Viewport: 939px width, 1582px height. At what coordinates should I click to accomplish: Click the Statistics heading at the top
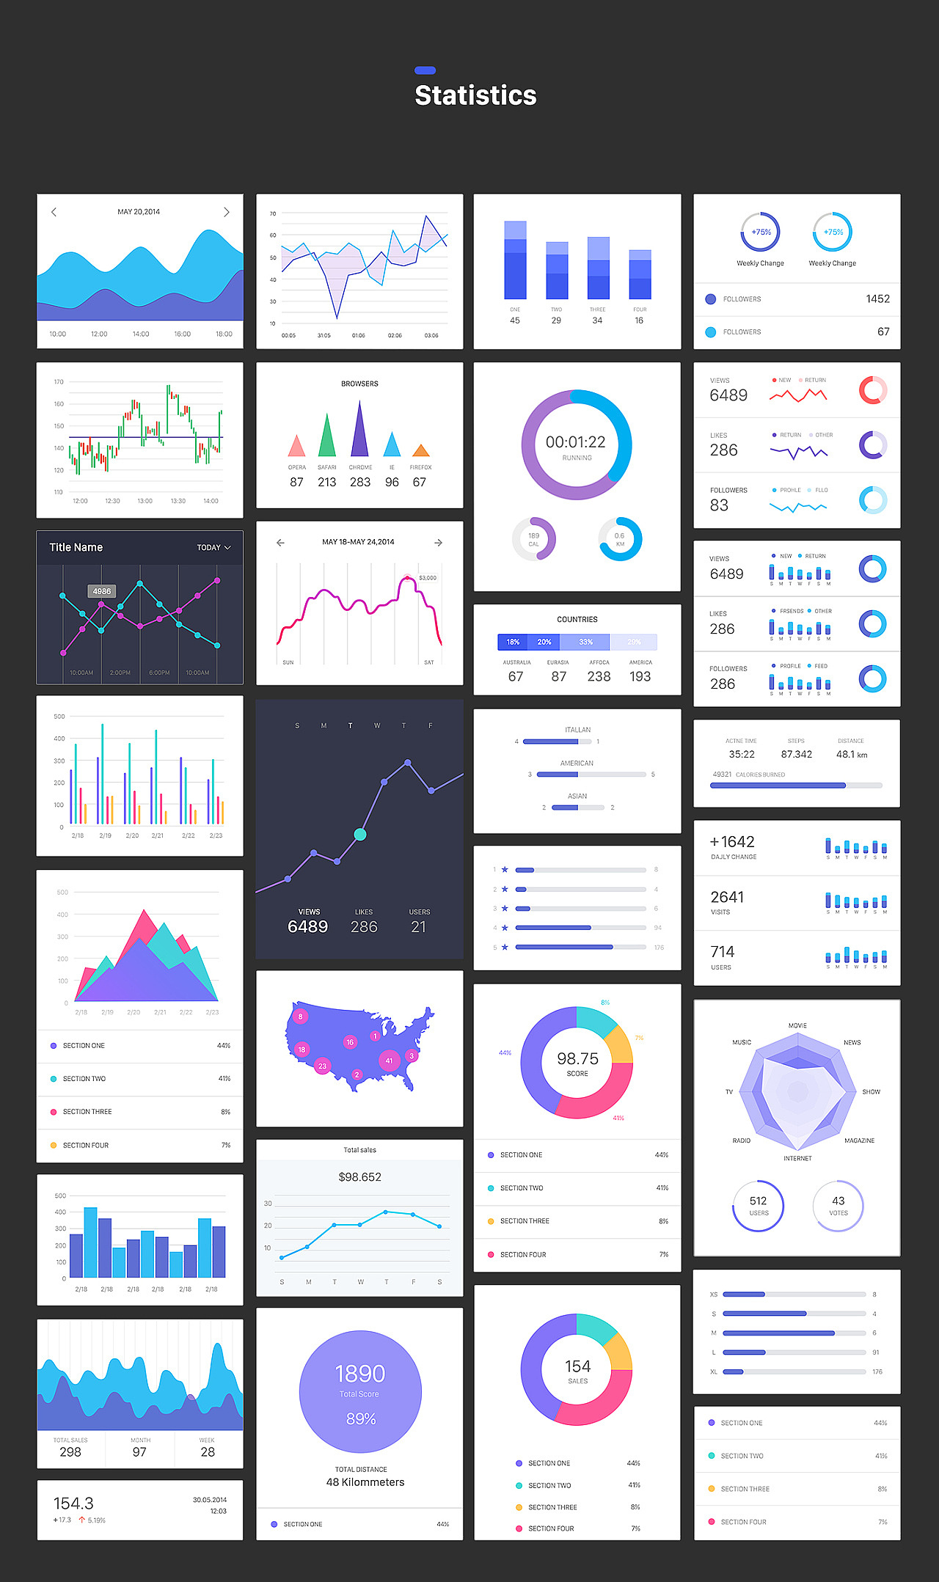pyautogui.click(x=475, y=95)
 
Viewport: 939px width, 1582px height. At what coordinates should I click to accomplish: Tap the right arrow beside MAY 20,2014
pyautogui.click(x=227, y=212)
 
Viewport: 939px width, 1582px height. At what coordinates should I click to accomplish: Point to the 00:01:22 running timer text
pyautogui.click(x=576, y=442)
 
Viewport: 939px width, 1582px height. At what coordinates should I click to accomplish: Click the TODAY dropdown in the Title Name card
pyautogui.click(x=213, y=547)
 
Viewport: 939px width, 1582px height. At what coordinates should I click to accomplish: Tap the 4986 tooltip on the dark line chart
pyautogui.click(x=102, y=591)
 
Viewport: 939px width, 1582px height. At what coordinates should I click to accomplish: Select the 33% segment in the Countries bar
pyautogui.click(x=585, y=642)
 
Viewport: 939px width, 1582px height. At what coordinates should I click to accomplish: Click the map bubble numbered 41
pyautogui.click(x=389, y=1061)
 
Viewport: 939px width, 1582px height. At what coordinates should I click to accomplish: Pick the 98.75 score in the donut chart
pyautogui.click(x=577, y=1058)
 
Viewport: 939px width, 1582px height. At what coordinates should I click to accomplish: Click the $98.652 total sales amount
pyautogui.click(x=359, y=1177)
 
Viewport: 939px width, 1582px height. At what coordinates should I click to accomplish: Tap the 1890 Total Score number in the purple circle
pyautogui.click(x=359, y=1374)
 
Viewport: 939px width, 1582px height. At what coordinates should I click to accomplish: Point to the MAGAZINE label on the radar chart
pyautogui.click(x=859, y=1140)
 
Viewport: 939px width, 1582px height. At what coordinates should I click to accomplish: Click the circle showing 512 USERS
pyautogui.click(x=759, y=1206)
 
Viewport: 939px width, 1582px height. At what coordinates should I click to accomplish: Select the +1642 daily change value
pyautogui.click(x=732, y=842)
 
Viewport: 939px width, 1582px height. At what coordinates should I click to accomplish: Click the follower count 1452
pyautogui.click(x=877, y=299)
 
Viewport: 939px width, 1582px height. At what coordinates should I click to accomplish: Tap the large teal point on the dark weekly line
pyautogui.click(x=360, y=834)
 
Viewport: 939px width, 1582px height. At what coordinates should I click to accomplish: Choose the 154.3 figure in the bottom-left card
pyautogui.click(x=73, y=1504)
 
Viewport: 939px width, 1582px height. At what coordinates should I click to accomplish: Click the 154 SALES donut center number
pyautogui.click(x=577, y=1366)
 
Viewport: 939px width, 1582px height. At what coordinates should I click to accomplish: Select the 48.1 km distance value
pyautogui.click(x=852, y=754)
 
